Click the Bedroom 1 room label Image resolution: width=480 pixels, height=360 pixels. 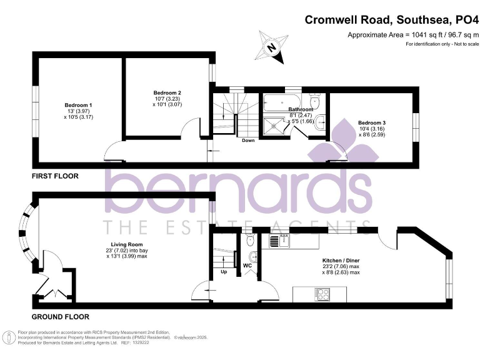78,105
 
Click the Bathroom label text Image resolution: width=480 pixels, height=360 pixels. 299,109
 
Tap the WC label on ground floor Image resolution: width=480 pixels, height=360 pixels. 247,265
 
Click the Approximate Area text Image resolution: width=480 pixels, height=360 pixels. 413,35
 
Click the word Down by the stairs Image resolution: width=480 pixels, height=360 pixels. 248,141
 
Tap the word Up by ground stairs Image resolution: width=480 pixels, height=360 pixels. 224,272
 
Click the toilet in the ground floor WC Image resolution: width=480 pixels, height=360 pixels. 251,240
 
